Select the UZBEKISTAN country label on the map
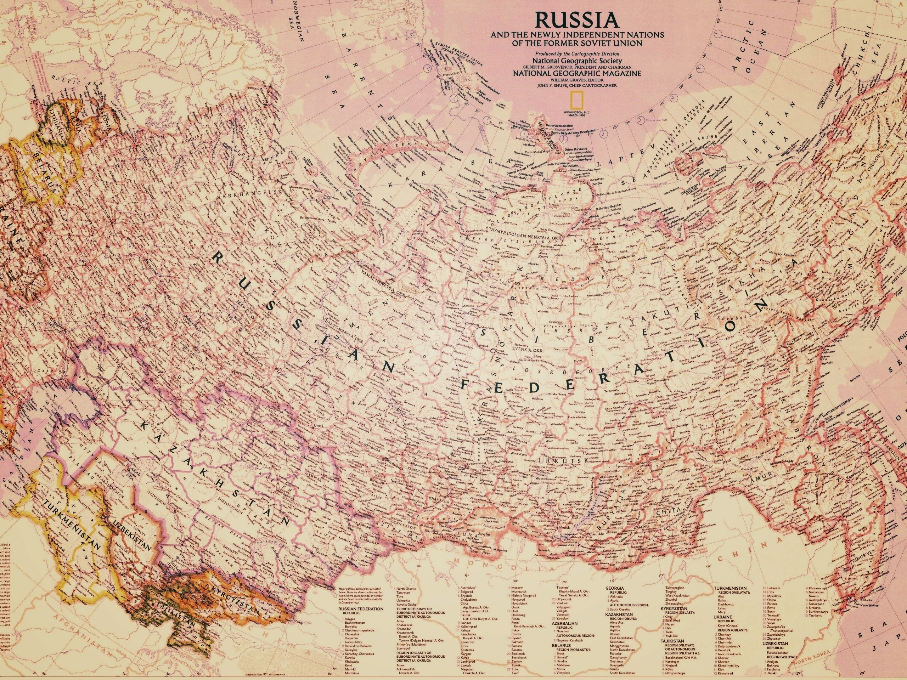[x=132, y=534]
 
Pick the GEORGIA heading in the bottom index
[x=615, y=588]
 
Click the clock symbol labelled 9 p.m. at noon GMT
[x=640, y=120]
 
